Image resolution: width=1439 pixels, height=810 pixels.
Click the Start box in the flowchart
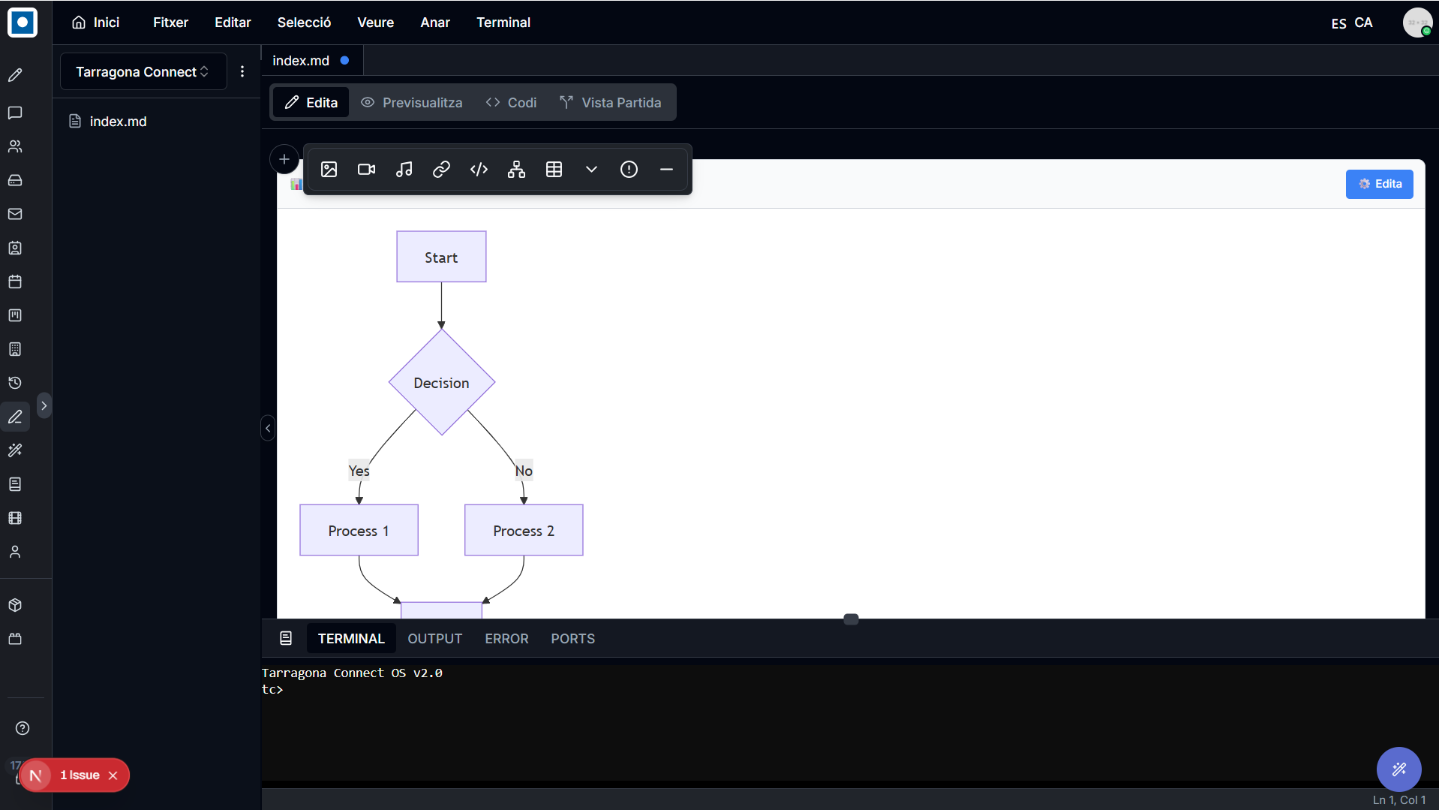(441, 257)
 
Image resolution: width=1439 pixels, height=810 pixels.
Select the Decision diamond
(441, 382)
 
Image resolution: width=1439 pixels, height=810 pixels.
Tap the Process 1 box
(359, 530)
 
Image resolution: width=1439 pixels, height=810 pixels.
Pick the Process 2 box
(524, 530)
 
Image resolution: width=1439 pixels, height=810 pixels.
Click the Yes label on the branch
(359, 471)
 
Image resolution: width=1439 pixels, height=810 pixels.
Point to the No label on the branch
(524, 471)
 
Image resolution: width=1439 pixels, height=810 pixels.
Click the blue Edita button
(1379, 184)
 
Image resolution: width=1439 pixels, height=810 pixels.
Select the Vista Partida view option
(611, 103)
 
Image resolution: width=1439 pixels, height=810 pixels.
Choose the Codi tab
(511, 103)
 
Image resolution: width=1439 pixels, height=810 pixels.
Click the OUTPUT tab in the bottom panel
(434, 639)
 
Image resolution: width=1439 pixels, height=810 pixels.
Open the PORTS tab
(572, 639)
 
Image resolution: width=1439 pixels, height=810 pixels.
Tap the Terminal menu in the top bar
(503, 23)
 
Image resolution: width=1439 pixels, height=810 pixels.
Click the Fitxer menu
(170, 23)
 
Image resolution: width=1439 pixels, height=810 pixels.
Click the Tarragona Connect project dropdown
(143, 71)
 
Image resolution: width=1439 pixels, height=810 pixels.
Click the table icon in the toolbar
(554, 170)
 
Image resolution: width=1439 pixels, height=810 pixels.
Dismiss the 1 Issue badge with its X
(113, 775)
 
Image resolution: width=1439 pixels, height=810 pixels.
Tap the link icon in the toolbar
(441, 170)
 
